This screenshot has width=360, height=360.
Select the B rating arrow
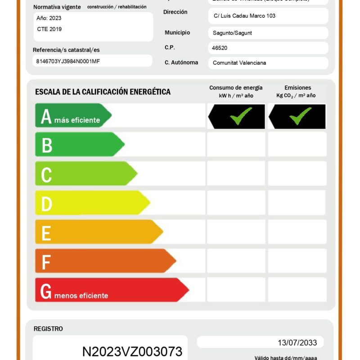pyautogui.click(x=79, y=144)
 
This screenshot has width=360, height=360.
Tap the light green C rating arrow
pyautogui.click(x=85, y=174)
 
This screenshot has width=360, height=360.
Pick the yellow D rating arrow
pyautogui.click(x=92, y=203)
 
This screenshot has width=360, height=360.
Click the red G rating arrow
pyautogui.click(x=111, y=290)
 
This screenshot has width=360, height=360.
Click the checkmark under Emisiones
pyautogui.click(x=301, y=116)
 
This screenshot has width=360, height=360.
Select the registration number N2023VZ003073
pyautogui.click(x=132, y=351)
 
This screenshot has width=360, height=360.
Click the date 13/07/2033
pyautogui.click(x=297, y=343)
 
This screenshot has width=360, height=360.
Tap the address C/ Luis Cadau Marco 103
pyautogui.click(x=244, y=16)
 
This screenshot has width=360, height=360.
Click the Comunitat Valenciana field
pyautogui.click(x=239, y=63)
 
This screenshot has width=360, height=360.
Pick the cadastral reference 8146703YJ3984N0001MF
pyautogui.click(x=68, y=61)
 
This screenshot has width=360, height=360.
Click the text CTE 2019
pyautogui.click(x=49, y=29)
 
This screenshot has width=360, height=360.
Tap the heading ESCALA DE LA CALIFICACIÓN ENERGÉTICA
pyautogui.click(x=103, y=92)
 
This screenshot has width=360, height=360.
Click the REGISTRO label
pyautogui.click(x=48, y=329)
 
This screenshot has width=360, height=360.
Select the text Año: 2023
pyautogui.click(x=49, y=18)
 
